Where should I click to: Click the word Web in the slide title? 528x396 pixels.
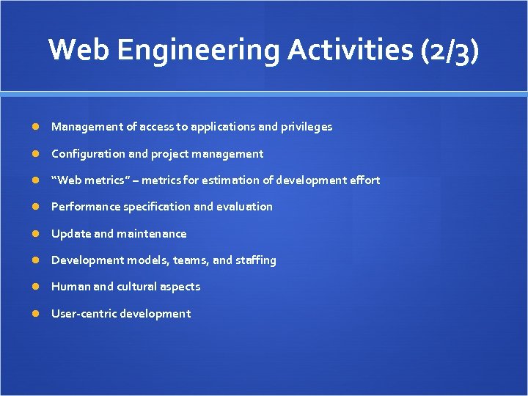click(79, 50)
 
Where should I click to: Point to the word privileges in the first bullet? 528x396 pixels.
click(307, 127)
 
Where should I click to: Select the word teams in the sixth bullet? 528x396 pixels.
click(191, 260)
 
